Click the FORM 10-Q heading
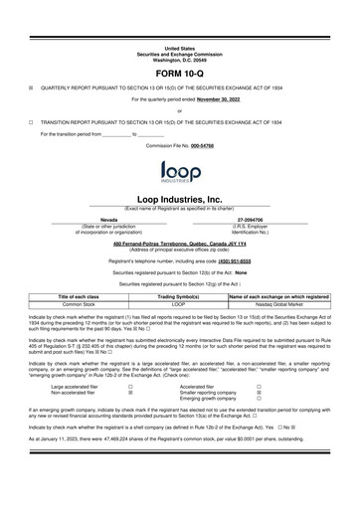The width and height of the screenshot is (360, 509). (x=180, y=75)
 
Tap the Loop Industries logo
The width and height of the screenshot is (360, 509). (x=180, y=174)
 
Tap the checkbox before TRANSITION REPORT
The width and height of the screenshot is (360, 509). (x=31, y=121)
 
